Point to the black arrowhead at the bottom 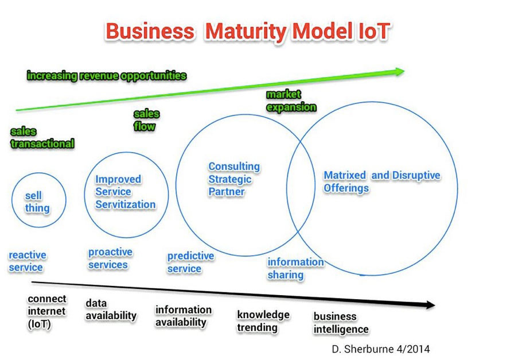429,304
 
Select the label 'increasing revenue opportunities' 107,76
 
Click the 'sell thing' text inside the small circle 37,202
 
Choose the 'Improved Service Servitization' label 126,192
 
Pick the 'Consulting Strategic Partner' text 234,179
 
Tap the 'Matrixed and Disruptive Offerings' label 382,181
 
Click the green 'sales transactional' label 42,137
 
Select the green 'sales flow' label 146,120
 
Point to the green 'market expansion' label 291,100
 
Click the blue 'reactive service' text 28,261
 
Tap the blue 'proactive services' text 110,258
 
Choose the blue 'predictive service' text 190,262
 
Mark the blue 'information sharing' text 295,268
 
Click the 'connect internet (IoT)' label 47,311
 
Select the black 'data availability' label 111,309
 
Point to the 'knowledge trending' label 263,321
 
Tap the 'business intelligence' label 341,323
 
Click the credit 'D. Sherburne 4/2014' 381,349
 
